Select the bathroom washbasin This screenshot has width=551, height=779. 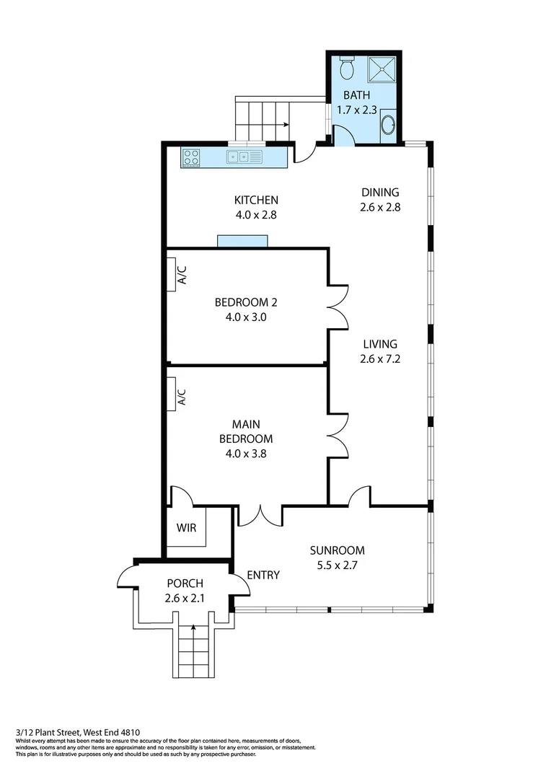(387, 125)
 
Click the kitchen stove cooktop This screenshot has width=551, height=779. (191, 156)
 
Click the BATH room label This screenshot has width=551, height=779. (356, 95)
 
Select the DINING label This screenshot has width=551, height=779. (379, 192)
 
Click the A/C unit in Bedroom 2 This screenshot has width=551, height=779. (173, 275)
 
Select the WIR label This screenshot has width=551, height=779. (186, 527)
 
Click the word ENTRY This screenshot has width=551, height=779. (263, 575)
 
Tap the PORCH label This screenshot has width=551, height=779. (185, 583)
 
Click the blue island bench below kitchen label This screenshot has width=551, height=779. (242, 241)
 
